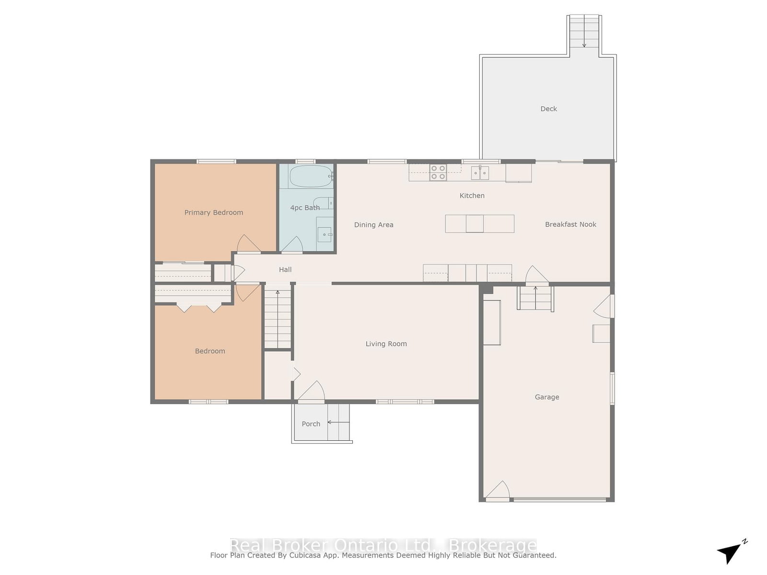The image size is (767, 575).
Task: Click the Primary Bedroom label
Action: click(x=213, y=213)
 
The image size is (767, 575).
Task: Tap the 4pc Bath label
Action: click(x=305, y=208)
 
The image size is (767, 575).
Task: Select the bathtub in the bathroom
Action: click(x=311, y=176)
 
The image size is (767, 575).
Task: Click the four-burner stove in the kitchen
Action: click(x=438, y=172)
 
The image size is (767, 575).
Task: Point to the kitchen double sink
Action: click(x=480, y=173)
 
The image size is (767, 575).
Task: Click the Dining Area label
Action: click(x=373, y=225)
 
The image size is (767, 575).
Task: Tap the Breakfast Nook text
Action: click(x=570, y=224)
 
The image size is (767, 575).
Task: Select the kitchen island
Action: click(x=479, y=224)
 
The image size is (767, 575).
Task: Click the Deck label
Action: click(x=548, y=109)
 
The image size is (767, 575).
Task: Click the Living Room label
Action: click(x=386, y=344)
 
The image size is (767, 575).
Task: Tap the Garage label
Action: click(x=547, y=397)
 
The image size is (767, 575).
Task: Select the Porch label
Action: click(x=311, y=424)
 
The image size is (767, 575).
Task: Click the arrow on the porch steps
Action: click(x=338, y=423)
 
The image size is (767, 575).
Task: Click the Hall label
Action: click(x=285, y=269)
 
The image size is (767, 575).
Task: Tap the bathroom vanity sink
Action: click(x=325, y=233)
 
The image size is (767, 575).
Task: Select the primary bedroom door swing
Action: click(x=248, y=243)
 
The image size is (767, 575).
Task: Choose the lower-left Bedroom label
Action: click(x=209, y=351)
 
